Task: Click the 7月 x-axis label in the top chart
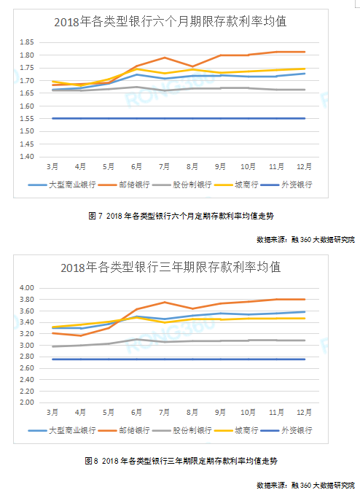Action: (164, 167)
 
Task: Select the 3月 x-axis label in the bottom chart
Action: (52, 413)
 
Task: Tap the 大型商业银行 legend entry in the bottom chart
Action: (71, 431)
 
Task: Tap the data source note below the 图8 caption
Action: (305, 485)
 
